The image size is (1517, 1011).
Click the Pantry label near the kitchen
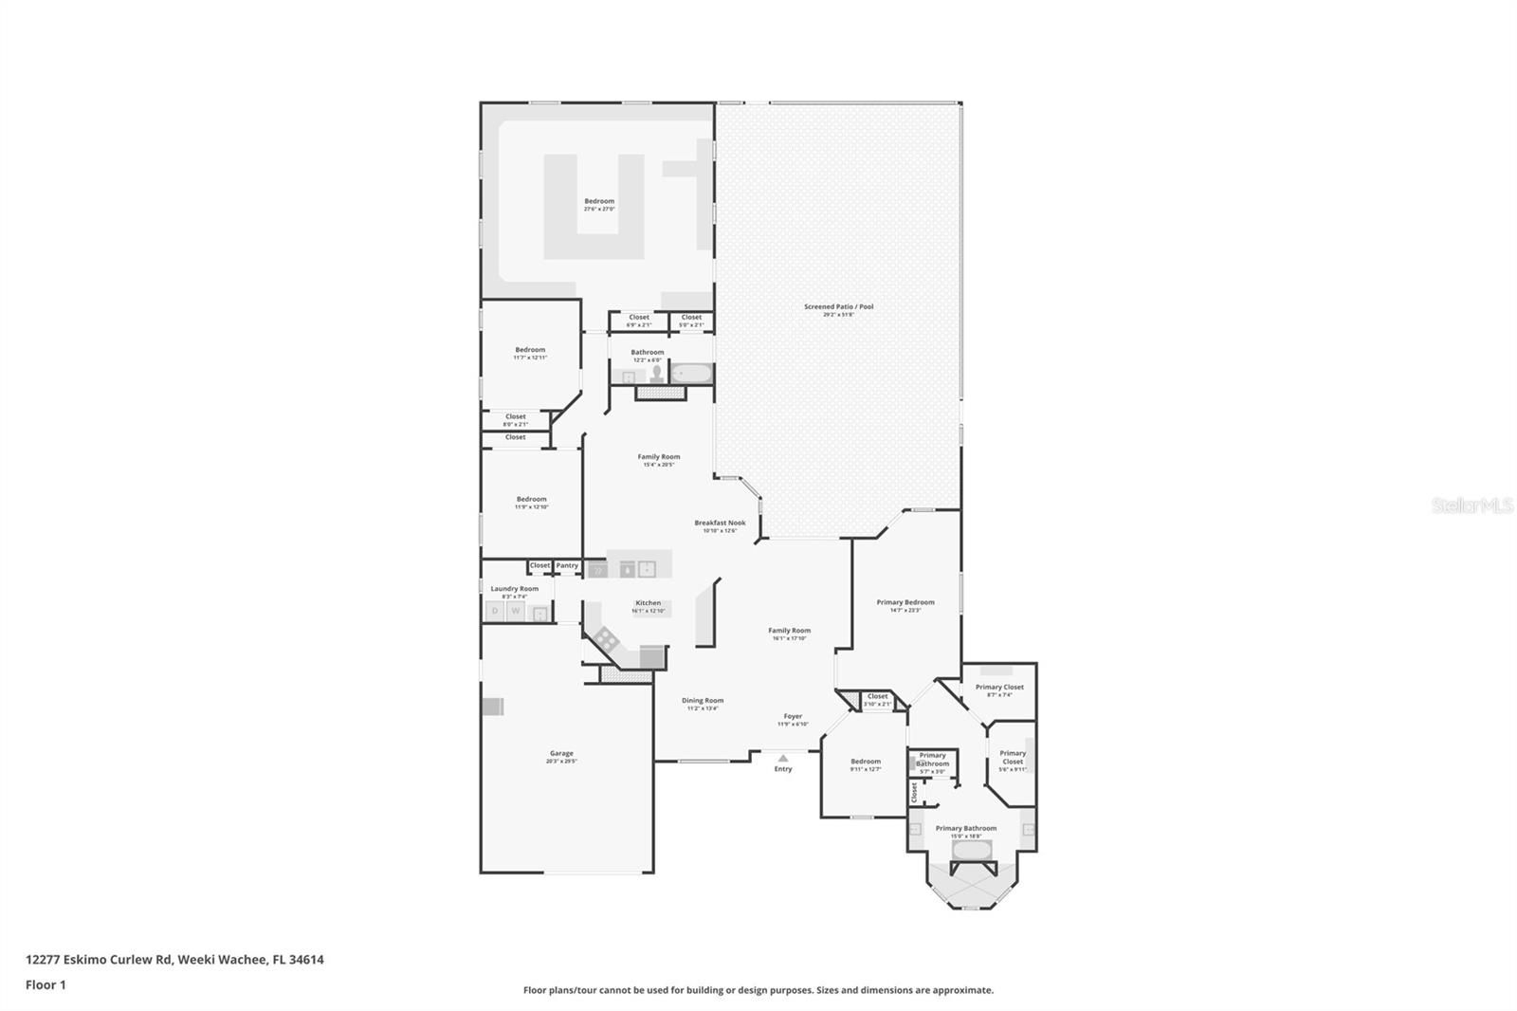pyautogui.click(x=567, y=565)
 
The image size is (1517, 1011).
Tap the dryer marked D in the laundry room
pyautogui.click(x=494, y=612)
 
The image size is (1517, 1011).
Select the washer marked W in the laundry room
pyautogui.click(x=516, y=612)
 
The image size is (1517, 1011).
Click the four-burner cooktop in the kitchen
pyautogui.click(x=606, y=637)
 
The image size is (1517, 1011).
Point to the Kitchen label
pyautogui.click(x=649, y=603)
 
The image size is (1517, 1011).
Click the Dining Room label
pyautogui.click(x=703, y=701)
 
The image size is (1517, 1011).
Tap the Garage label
pyautogui.click(x=561, y=754)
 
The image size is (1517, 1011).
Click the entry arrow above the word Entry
pyautogui.click(x=782, y=758)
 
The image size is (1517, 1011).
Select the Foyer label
pyautogui.click(x=793, y=716)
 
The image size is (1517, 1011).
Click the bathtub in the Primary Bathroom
pyautogui.click(x=972, y=850)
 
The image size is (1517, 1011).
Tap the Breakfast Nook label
pyautogui.click(x=720, y=523)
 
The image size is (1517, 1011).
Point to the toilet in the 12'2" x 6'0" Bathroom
pyautogui.click(x=656, y=375)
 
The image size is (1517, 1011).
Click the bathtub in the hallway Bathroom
pyautogui.click(x=692, y=374)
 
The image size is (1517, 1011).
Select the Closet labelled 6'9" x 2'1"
pyautogui.click(x=639, y=318)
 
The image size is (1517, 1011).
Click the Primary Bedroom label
pyautogui.click(x=905, y=602)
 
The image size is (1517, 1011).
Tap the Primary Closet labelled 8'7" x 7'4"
pyautogui.click(x=999, y=688)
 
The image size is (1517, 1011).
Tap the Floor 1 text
pyautogui.click(x=46, y=985)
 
